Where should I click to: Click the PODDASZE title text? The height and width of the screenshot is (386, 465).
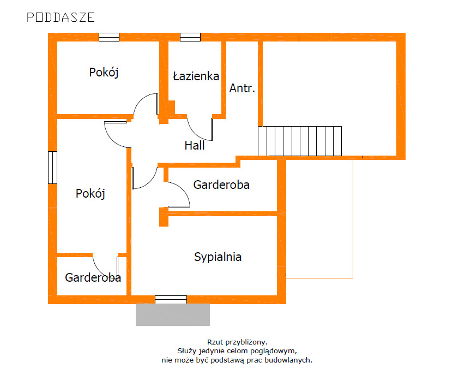(61, 17)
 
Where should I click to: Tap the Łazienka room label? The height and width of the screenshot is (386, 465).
(196, 76)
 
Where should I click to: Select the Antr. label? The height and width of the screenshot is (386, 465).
(242, 88)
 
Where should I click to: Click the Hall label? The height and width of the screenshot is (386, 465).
(195, 145)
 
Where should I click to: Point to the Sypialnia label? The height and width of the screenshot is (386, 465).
(218, 257)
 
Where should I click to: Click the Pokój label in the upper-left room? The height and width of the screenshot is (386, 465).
(104, 72)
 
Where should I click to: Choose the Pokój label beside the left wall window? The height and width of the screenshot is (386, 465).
(90, 193)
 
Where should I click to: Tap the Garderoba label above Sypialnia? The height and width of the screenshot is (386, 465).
(221, 185)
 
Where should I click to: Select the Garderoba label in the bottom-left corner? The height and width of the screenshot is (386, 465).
(93, 277)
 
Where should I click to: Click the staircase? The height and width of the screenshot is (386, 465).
(300, 141)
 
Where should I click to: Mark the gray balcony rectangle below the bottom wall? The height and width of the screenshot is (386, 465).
(173, 314)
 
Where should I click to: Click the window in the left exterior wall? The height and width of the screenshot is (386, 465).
(52, 168)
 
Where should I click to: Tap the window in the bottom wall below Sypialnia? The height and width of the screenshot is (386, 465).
(171, 300)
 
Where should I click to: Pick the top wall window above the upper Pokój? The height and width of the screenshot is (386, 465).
(109, 37)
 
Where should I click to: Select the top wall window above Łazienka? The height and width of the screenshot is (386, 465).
(190, 37)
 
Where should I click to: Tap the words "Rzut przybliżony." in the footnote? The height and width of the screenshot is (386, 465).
(237, 342)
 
